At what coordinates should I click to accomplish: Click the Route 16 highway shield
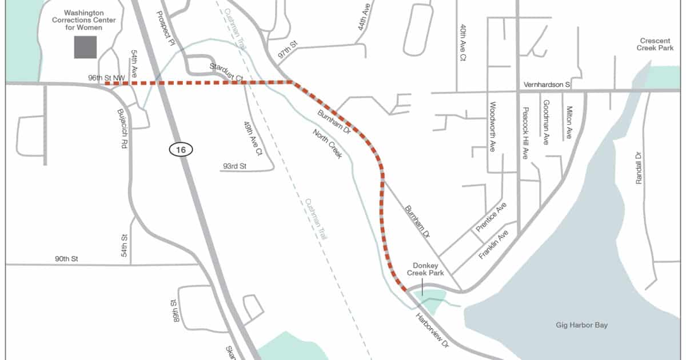pos(181,150)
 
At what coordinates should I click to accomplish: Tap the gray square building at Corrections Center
pos(85,47)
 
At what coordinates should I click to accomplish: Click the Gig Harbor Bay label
pos(581,325)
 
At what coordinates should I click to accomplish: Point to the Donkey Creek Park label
pos(425,270)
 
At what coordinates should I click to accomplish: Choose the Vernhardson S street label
pos(547,85)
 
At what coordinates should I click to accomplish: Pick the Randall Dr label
pos(639,167)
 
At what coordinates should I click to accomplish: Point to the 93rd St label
pos(233,167)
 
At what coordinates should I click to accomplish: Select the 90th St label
pos(66,259)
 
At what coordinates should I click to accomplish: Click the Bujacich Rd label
pos(121,129)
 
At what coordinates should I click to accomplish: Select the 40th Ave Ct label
pos(463,42)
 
